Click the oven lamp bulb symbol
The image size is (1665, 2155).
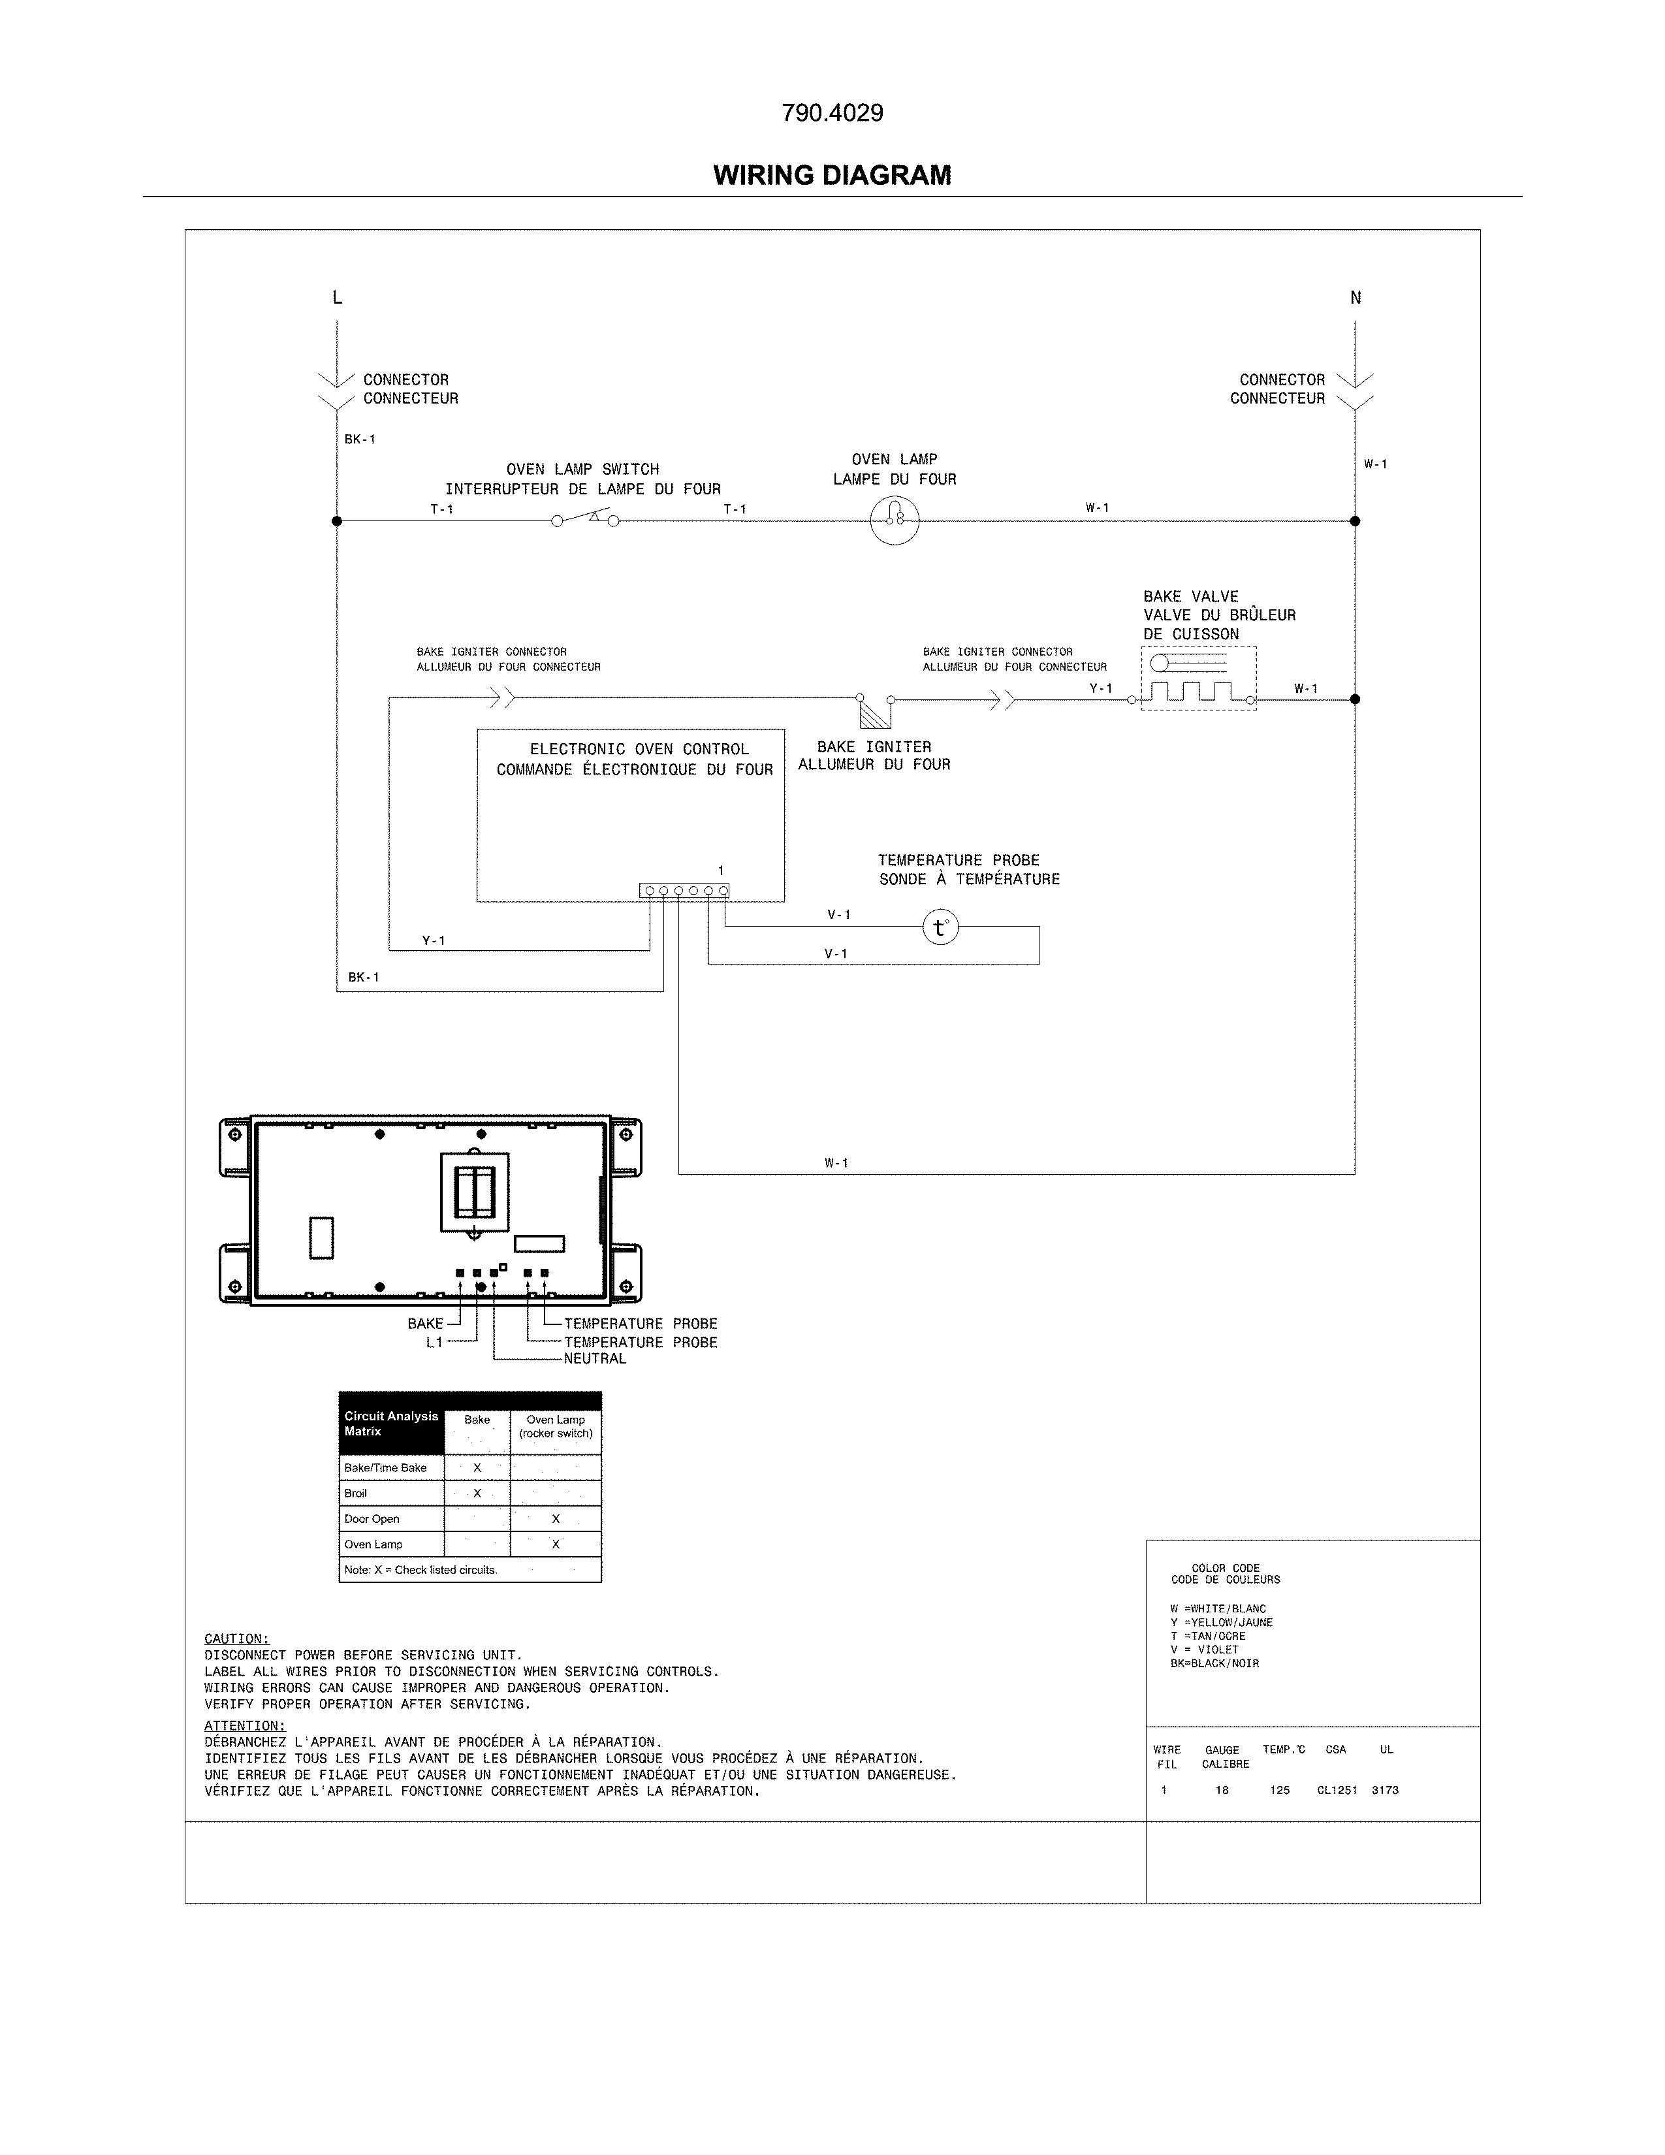coord(895,520)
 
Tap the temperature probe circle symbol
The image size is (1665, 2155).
coord(940,927)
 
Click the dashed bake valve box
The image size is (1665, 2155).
coord(1198,679)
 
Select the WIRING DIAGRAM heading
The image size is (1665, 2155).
coord(832,176)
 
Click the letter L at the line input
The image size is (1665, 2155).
coord(338,298)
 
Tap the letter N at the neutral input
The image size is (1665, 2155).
coord(1356,298)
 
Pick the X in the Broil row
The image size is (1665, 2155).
coord(477,1493)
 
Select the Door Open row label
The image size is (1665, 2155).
coord(372,1518)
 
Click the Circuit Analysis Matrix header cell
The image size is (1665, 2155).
coord(390,1423)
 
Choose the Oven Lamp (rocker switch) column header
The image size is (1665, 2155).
coord(556,1427)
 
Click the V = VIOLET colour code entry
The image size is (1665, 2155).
coord(1205,1649)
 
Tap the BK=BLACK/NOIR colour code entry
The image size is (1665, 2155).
coord(1214,1663)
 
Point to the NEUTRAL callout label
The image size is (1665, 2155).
coord(595,1359)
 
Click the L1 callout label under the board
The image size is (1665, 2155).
coord(434,1343)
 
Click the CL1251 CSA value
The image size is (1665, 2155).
coord(1337,1790)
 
